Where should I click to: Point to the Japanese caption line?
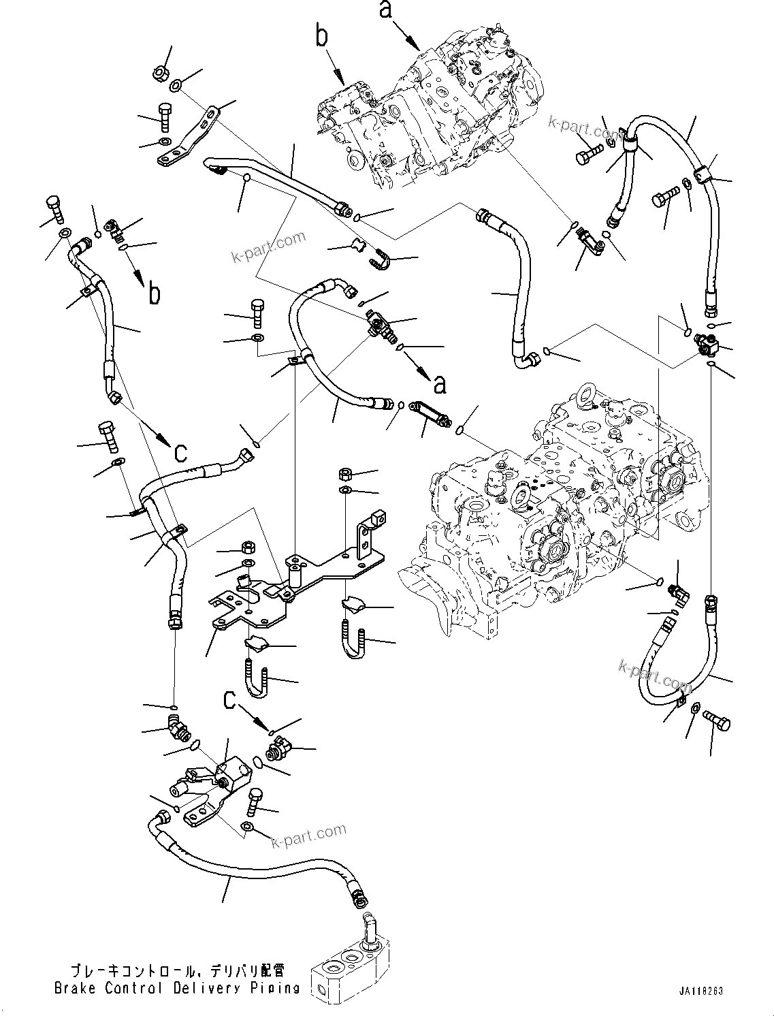[x=177, y=970]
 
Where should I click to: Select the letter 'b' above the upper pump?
[x=323, y=36]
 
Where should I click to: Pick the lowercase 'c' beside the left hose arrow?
[x=180, y=451]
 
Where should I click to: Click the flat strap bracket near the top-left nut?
[x=189, y=137]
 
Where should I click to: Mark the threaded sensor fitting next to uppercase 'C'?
[x=279, y=750]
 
